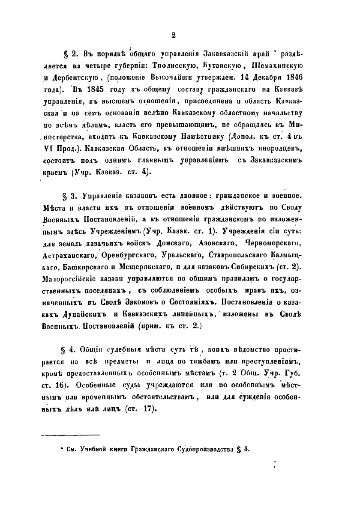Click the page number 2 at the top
click(174, 36)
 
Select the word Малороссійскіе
click(72, 279)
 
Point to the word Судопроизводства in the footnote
click(204, 450)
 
